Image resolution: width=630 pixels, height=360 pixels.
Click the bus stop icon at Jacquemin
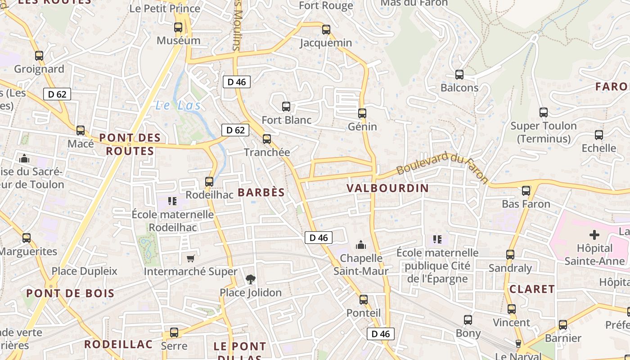pyautogui.click(x=326, y=30)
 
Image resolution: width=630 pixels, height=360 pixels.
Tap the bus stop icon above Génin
pyautogui.click(x=362, y=113)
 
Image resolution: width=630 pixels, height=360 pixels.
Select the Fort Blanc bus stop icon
pyautogui.click(x=286, y=107)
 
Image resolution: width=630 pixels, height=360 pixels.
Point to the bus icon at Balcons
pyautogui.click(x=459, y=75)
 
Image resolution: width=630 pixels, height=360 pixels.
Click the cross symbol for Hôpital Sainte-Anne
pyautogui.click(x=594, y=235)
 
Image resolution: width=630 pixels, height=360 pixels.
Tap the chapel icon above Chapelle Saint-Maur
pyautogui.click(x=361, y=245)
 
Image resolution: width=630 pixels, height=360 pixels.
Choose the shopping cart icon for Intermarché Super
pyautogui.click(x=190, y=258)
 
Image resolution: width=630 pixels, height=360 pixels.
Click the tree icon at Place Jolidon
pyautogui.click(x=251, y=279)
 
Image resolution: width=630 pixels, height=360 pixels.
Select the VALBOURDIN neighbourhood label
pyautogui.click(x=388, y=188)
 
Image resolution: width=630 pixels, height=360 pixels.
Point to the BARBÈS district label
pyautogui.click(x=261, y=193)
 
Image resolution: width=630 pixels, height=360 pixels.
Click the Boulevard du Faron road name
pyautogui.click(x=442, y=167)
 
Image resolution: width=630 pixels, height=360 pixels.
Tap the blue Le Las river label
pyautogui.click(x=178, y=106)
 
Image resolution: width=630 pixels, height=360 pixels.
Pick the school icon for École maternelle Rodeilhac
pyautogui.click(x=172, y=201)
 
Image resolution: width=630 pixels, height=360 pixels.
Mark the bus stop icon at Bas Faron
pyautogui.click(x=526, y=191)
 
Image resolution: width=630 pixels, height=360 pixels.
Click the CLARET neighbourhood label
pyautogui.click(x=532, y=289)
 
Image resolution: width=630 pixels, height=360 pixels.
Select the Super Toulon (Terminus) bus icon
pyautogui.click(x=544, y=112)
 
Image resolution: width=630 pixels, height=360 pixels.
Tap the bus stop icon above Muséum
pyautogui.click(x=178, y=27)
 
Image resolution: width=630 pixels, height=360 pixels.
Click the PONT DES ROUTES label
pyautogui.click(x=130, y=144)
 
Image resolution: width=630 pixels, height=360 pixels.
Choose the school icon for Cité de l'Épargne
pyautogui.click(x=437, y=239)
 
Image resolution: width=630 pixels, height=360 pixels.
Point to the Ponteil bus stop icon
pyautogui.click(x=364, y=299)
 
